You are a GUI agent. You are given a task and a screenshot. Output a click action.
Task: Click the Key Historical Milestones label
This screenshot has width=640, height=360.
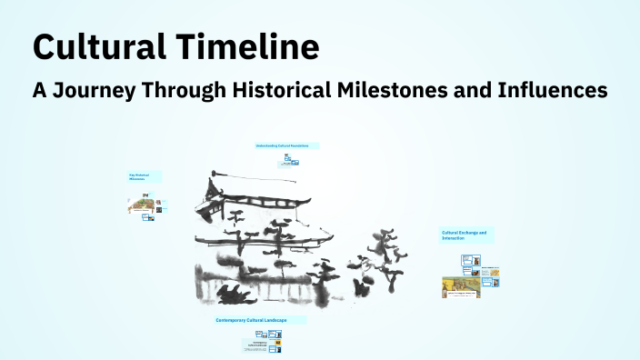(x=144, y=176)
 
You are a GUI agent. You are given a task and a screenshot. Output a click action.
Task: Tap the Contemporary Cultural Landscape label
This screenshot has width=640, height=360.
(x=260, y=320)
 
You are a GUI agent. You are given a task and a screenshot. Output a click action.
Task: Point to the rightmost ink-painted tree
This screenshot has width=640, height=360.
(x=393, y=259)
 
